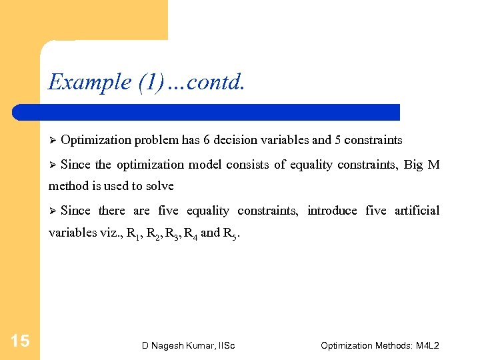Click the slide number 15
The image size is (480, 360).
click(x=21, y=341)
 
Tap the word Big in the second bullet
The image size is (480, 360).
click(x=413, y=165)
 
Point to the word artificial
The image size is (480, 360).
click(x=417, y=211)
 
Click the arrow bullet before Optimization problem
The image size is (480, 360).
click(x=52, y=141)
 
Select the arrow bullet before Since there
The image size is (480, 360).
click(x=52, y=211)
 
